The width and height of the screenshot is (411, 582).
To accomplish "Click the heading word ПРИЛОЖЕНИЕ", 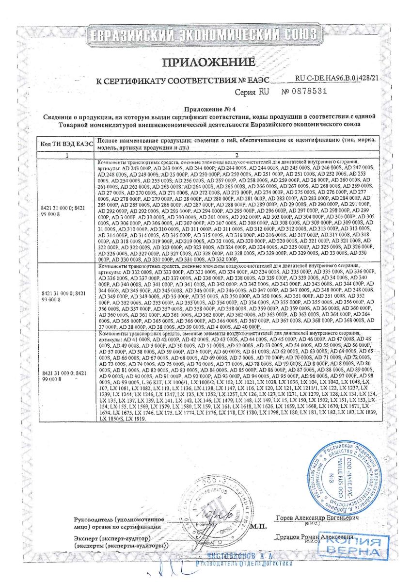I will pyautogui.click(x=208, y=62).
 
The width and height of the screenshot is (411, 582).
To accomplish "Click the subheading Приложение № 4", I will pyautogui.click(x=207, y=110).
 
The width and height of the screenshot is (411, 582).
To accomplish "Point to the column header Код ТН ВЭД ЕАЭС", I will pyautogui.click(x=66, y=144).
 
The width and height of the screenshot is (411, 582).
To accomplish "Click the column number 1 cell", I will pyautogui.click(x=67, y=155).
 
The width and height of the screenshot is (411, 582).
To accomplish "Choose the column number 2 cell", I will pyautogui.click(x=237, y=155).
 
